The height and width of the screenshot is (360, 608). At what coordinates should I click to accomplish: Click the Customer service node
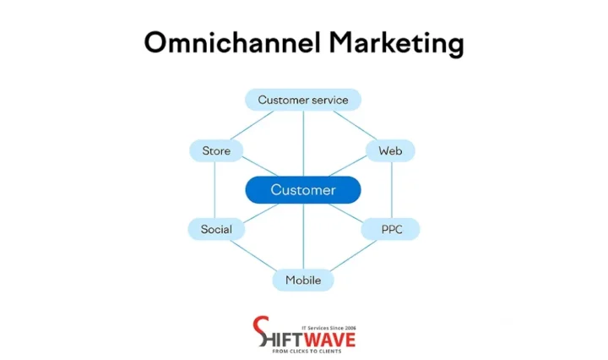click(302, 100)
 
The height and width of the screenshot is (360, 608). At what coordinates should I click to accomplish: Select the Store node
click(216, 151)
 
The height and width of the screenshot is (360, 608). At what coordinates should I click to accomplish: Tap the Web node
click(390, 151)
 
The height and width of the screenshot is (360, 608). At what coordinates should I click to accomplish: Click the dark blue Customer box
click(302, 190)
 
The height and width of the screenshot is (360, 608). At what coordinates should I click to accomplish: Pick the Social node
click(216, 229)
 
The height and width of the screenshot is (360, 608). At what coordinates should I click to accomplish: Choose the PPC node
click(390, 229)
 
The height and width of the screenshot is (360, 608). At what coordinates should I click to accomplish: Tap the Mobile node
click(302, 280)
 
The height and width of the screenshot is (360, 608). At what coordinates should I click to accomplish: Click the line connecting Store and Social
click(215, 190)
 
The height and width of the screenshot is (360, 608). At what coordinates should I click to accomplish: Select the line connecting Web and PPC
click(391, 190)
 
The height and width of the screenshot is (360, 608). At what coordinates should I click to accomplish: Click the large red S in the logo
click(263, 332)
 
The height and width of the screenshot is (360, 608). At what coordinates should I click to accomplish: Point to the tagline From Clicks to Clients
click(313, 350)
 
